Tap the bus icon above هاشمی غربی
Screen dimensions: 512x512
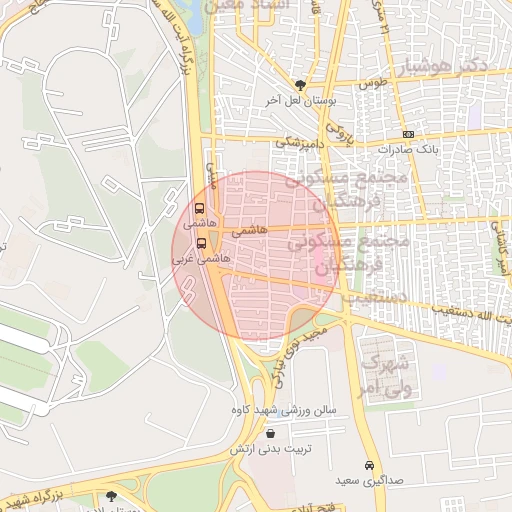[201, 242]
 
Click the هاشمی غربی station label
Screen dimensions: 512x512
[203, 258]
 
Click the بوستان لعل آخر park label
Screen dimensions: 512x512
[301, 101]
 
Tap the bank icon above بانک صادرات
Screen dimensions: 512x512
[408, 134]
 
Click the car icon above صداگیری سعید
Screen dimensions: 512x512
[369, 466]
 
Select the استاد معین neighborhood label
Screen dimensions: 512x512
[246, 7]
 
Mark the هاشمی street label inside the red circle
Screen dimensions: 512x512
[249, 230]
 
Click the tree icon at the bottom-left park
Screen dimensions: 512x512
[110, 495]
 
